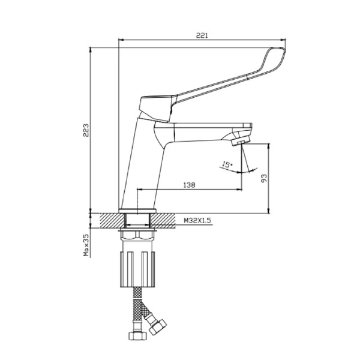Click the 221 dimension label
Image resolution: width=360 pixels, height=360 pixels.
point(202,35)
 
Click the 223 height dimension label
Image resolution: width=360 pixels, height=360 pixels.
point(86,130)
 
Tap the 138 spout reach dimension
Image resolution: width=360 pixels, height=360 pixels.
point(189,185)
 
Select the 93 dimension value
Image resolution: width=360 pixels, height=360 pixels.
point(265,178)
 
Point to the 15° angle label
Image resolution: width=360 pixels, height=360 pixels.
point(227,164)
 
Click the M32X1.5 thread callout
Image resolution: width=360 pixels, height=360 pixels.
point(197,221)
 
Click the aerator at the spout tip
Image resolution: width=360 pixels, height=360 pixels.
point(241,140)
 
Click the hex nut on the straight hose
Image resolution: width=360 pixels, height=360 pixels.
point(137,336)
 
